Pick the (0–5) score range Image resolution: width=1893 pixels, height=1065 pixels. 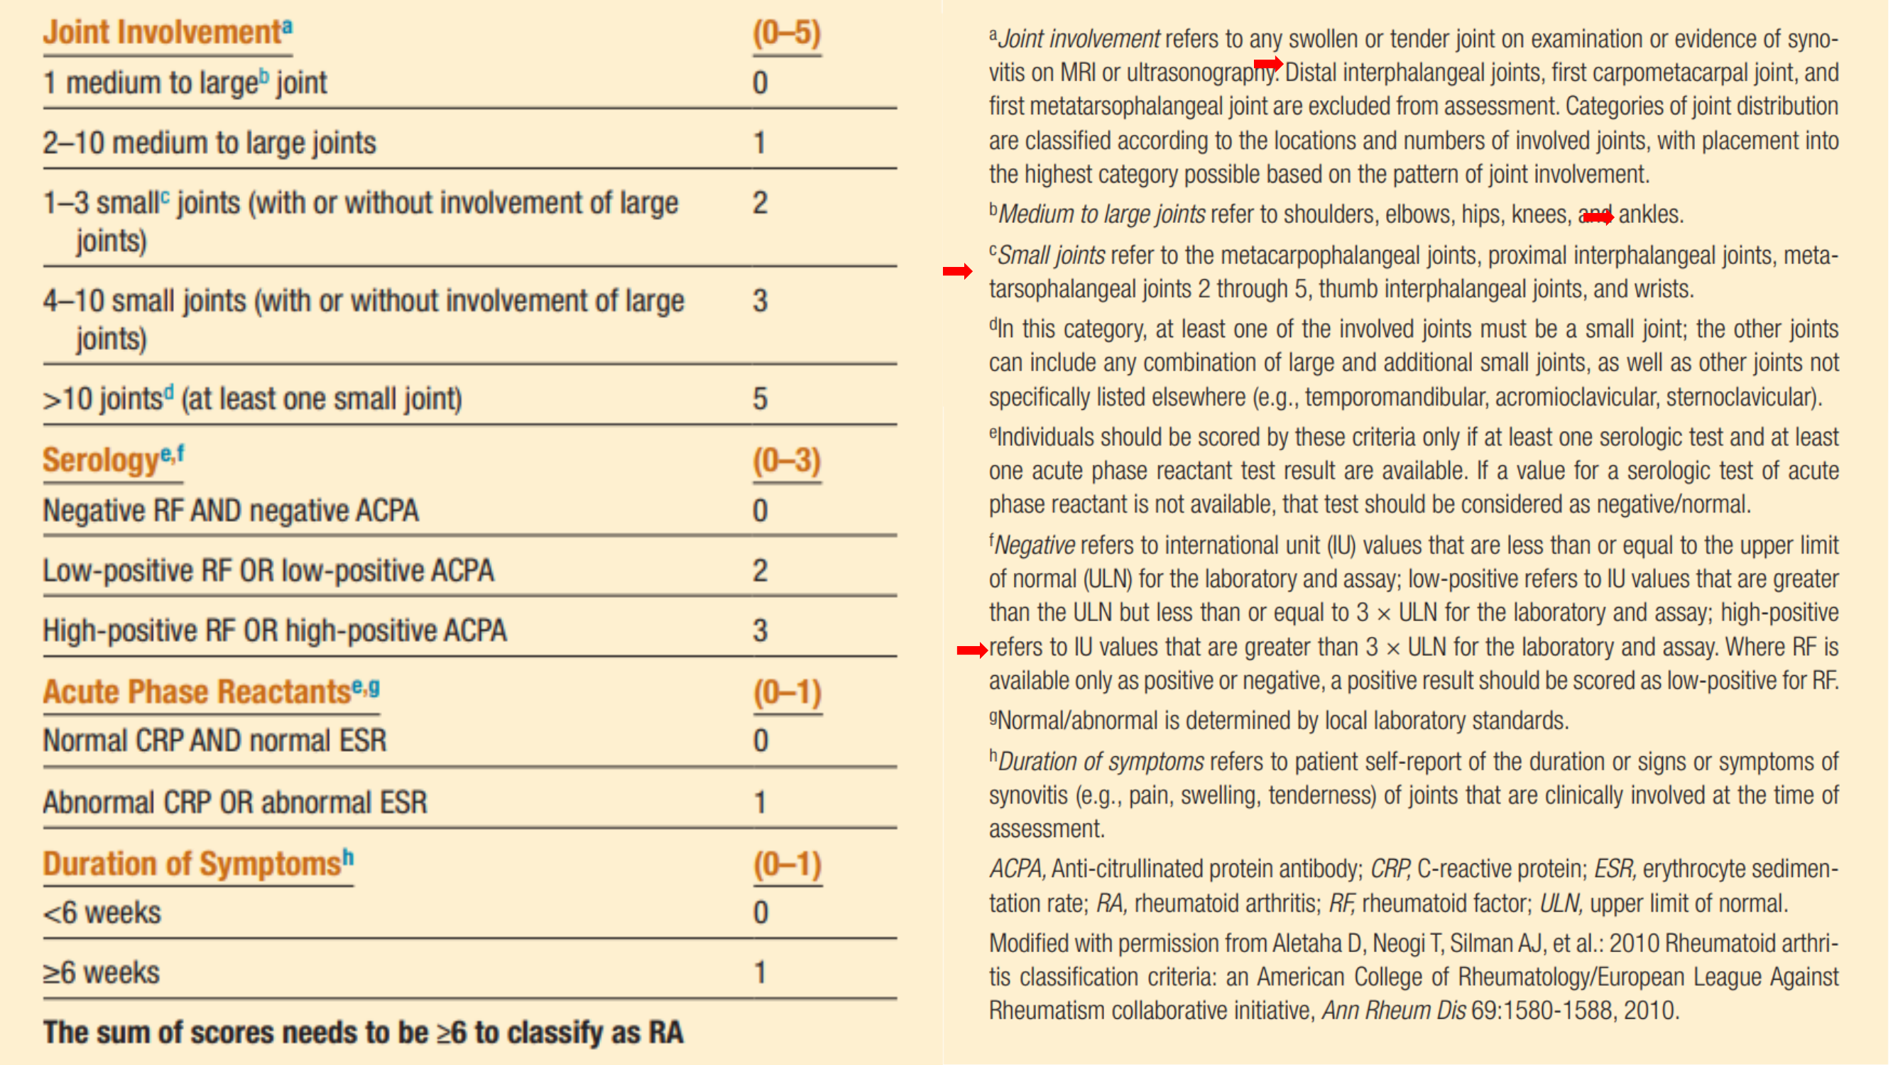[x=786, y=33]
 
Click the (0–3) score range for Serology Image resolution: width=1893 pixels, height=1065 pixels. [x=786, y=461]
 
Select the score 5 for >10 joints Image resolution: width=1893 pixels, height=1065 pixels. [x=760, y=399]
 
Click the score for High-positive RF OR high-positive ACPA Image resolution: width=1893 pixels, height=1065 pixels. [x=760, y=630]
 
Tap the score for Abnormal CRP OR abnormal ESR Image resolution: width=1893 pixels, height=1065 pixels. [x=760, y=802]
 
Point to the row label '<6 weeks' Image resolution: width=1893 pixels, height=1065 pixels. [x=102, y=913]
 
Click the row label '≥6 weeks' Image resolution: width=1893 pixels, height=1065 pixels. [x=102, y=973]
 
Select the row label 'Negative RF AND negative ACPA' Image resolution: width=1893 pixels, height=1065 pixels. [x=231, y=510]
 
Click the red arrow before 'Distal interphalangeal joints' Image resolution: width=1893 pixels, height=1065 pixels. [x=1267, y=63]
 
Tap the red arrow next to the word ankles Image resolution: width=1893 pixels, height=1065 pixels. [x=1598, y=217]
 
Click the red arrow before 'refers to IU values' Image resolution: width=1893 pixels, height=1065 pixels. [x=971, y=650]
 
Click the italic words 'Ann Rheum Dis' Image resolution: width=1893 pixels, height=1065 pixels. [x=1393, y=1010]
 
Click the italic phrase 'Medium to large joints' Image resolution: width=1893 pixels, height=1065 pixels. [x=1101, y=214]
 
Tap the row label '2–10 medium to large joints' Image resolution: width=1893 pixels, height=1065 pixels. [x=209, y=143]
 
